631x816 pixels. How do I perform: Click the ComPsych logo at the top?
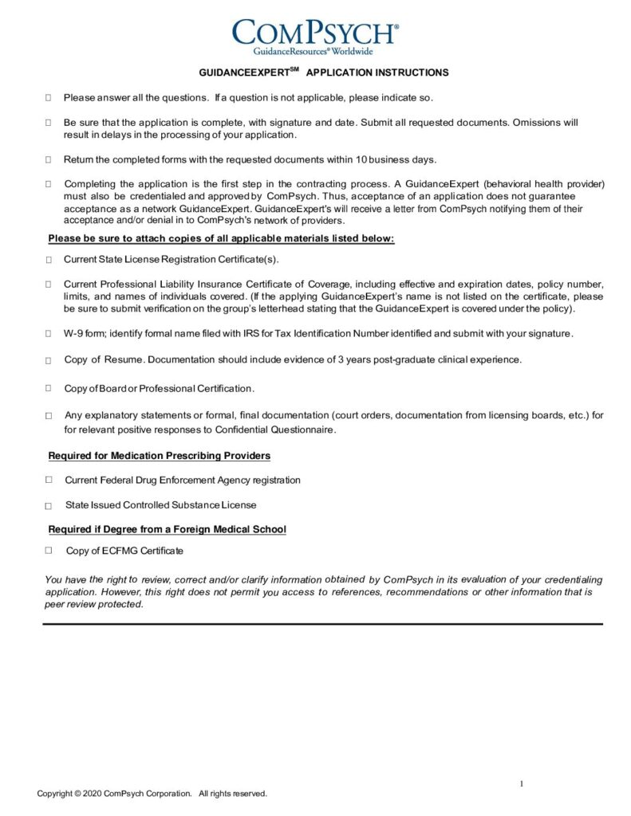[315, 35]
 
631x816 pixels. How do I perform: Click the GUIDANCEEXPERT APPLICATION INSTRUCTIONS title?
[323, 73]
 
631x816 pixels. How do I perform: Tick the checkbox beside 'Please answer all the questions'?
[49, 97]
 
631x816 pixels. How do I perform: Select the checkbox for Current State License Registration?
[49, 260]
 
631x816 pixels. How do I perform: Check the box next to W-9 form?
[49, 333]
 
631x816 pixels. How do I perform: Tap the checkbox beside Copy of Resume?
[49, 360]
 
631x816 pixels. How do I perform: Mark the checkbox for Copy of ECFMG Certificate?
[49, 550]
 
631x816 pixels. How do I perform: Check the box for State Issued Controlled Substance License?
[49, 506]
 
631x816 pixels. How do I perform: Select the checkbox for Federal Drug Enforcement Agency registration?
[49, 480]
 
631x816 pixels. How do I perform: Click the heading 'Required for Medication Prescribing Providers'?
[159, 456]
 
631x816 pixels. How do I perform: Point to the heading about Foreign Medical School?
[167, 529]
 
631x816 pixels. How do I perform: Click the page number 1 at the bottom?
[522, 784]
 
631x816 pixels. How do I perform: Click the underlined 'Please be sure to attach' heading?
[221, 238]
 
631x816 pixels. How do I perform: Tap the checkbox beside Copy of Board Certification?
[49, 389]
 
